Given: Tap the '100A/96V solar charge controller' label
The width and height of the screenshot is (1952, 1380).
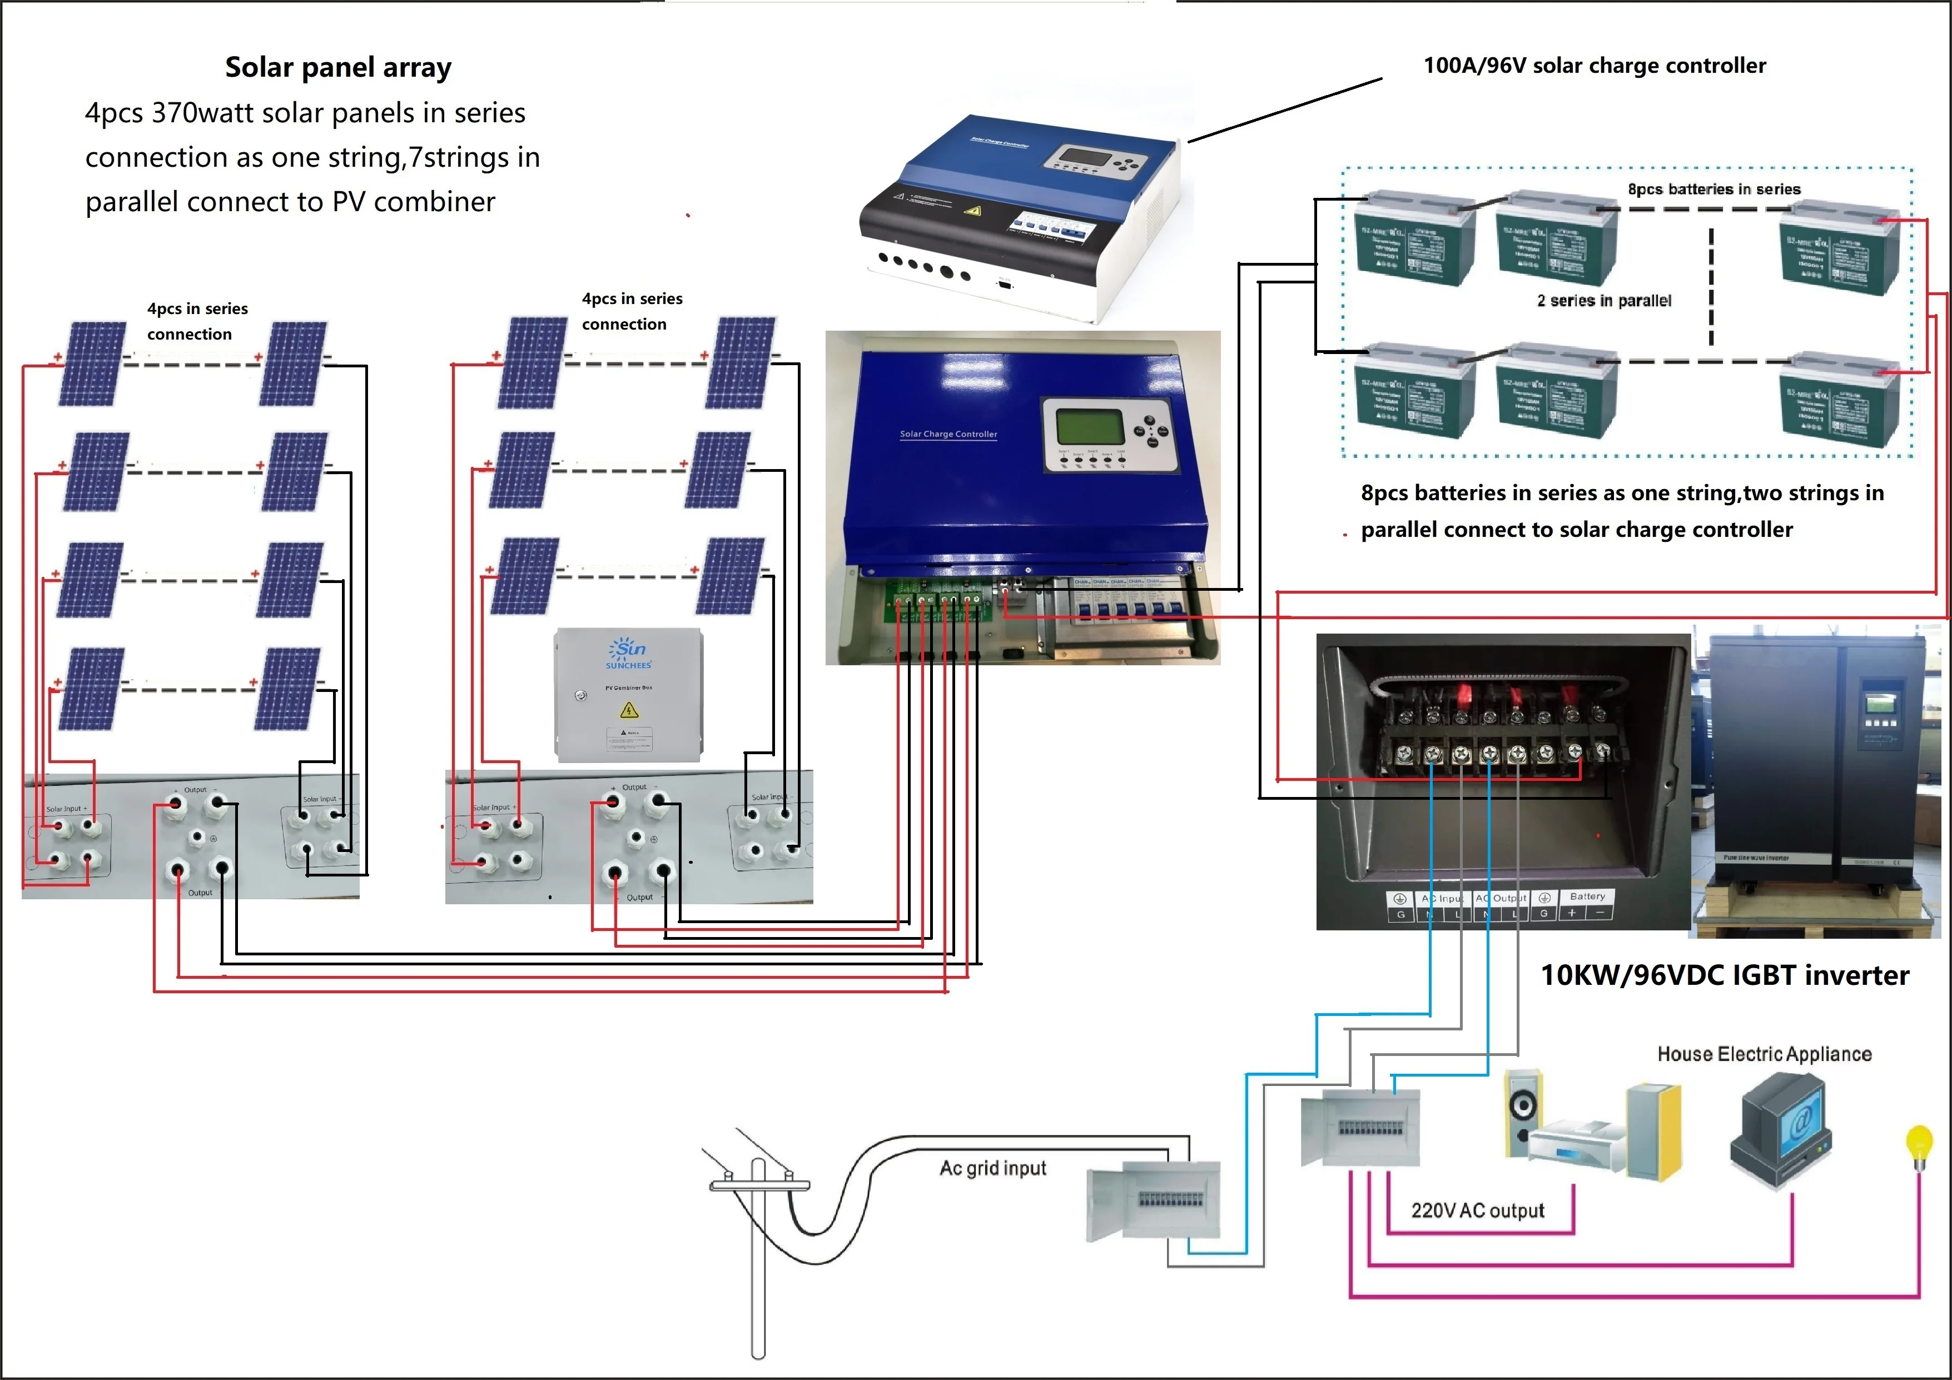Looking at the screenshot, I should (x=1594, y=66).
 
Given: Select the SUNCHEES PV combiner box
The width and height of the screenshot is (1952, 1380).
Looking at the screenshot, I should (x=628, y=694).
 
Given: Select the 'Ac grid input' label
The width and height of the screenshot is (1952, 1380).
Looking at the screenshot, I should (x=993, y=1168).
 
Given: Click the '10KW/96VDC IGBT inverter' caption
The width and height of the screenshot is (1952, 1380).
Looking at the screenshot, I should (x=1724, y=975).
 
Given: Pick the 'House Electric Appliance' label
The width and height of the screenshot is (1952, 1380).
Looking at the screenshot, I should (x=1764, y=1054).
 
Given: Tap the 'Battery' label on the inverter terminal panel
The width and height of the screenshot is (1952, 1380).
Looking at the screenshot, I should (x=1587, y=896).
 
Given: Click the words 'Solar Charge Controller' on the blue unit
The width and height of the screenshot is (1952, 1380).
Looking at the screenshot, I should (x=948, y=434).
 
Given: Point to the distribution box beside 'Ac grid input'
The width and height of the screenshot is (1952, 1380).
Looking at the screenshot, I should (x=1154, y=1200).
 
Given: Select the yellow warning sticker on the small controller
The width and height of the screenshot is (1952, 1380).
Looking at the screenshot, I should (x=972, y=210).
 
